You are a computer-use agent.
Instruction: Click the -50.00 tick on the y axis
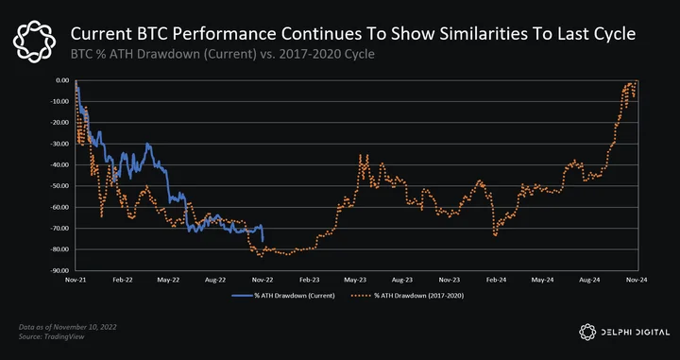point(62,186)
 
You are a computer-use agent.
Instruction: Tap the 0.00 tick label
point(64,80)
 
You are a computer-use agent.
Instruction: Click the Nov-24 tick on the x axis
point(637,280)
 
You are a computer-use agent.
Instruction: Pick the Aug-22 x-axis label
point(215,280)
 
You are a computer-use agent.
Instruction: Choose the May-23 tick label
point(356,280)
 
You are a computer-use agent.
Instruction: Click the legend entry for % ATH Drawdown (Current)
point(283,296)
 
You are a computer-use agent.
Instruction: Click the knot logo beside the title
point(34,42)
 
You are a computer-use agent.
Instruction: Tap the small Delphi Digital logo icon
point(587,332)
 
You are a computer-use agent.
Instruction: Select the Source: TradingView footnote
point(51,336)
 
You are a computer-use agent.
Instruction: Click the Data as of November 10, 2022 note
point(67,327)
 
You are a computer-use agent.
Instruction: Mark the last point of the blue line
point(263,241)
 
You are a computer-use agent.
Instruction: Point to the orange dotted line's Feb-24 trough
point(495,235)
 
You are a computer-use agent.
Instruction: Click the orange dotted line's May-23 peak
point(361,155)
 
